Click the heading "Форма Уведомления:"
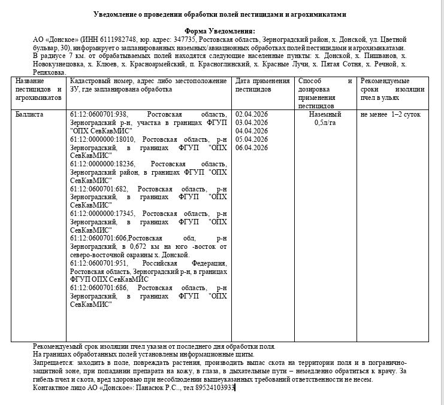click(x=220, y=31)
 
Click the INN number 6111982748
click(x=107, y=39)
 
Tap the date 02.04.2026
click(x=252, y=114)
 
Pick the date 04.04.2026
click(x=252, y=130)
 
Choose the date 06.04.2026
click(x=252, y=148)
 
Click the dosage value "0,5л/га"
click(x=325, y=122)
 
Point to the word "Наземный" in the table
click(x=325, y=114)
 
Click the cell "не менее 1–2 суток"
click(x=391, y=114)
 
